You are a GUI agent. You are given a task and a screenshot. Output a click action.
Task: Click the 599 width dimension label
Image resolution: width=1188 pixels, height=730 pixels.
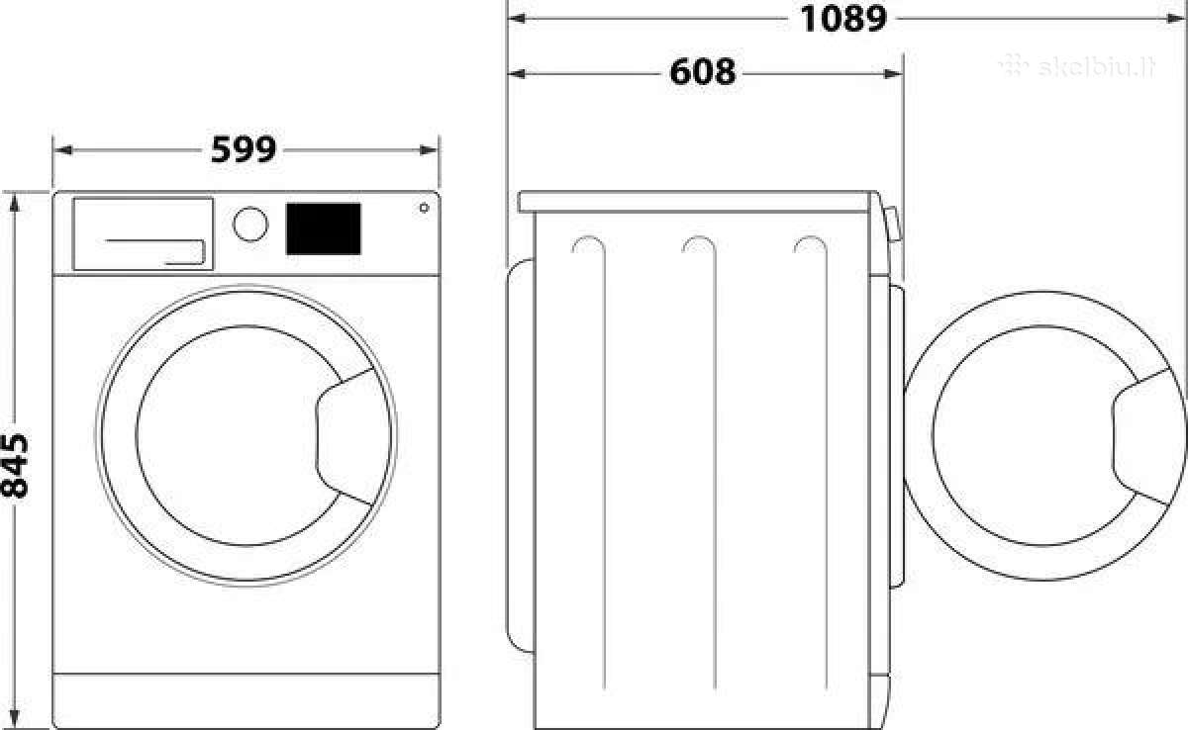pos(244,150)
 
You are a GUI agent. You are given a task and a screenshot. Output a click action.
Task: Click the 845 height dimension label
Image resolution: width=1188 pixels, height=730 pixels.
pos(14,466)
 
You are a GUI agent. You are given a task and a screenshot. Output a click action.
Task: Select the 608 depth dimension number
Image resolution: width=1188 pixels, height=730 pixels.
pos(703,72)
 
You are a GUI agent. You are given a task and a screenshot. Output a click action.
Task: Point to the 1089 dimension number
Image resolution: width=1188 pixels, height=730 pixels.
pos(843,19)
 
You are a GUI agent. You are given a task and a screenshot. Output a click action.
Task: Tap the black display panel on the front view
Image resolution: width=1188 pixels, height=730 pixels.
pos(324,228)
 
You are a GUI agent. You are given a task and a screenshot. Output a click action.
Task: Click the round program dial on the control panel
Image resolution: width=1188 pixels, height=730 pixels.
pos(250,225)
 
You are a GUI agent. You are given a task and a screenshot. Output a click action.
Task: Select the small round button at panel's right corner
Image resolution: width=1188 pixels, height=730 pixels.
pos(424,208)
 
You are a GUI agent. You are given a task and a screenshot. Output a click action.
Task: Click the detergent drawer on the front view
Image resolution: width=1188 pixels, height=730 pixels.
pos(144,234)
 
